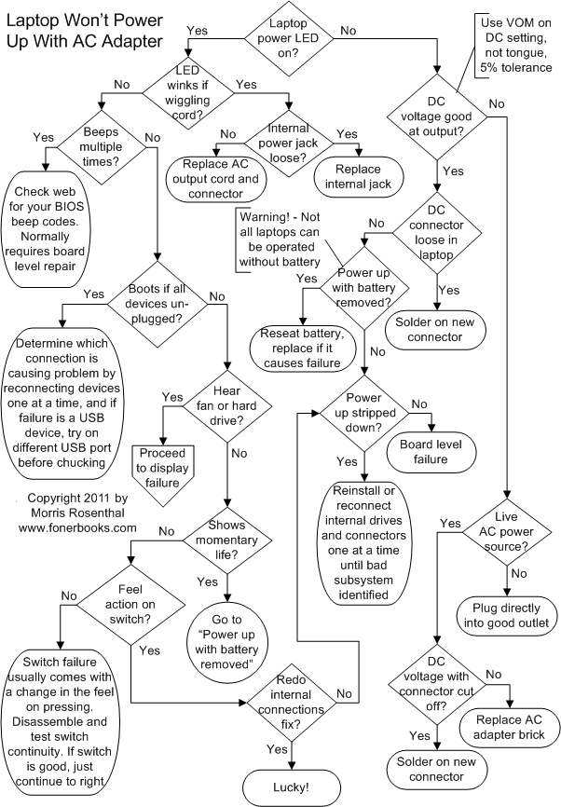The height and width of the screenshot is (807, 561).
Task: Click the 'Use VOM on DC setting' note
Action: tap(518, 43)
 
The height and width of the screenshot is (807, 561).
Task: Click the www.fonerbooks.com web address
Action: tap(77, 527)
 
